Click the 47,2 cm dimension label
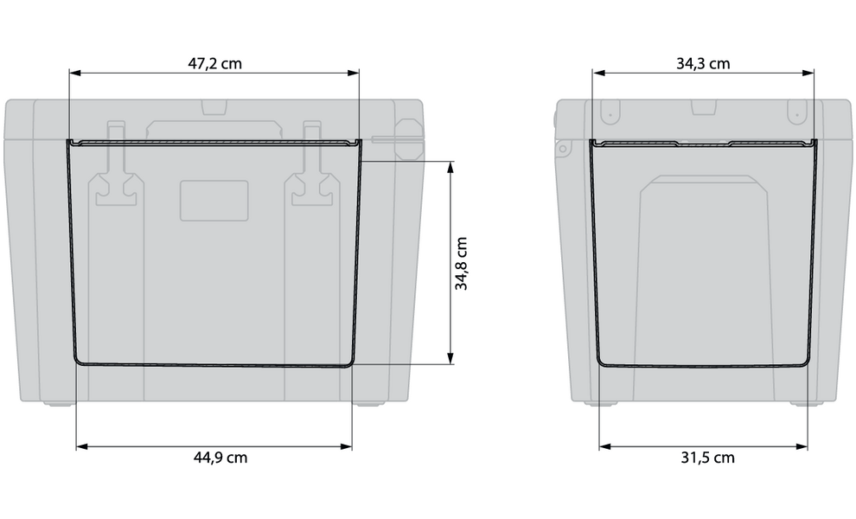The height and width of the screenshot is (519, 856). (x=214, y=63)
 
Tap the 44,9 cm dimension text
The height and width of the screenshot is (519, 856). (x=214, y=458)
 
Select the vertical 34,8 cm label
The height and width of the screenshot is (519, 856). (x=463, y=263)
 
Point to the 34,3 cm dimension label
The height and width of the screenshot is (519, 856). (x=702, y=63)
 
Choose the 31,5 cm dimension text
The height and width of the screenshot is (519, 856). (x=702, y=458)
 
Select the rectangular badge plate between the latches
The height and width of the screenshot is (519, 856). (x=214, y=202)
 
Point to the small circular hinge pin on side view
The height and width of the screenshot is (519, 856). (x=562, y=150)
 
